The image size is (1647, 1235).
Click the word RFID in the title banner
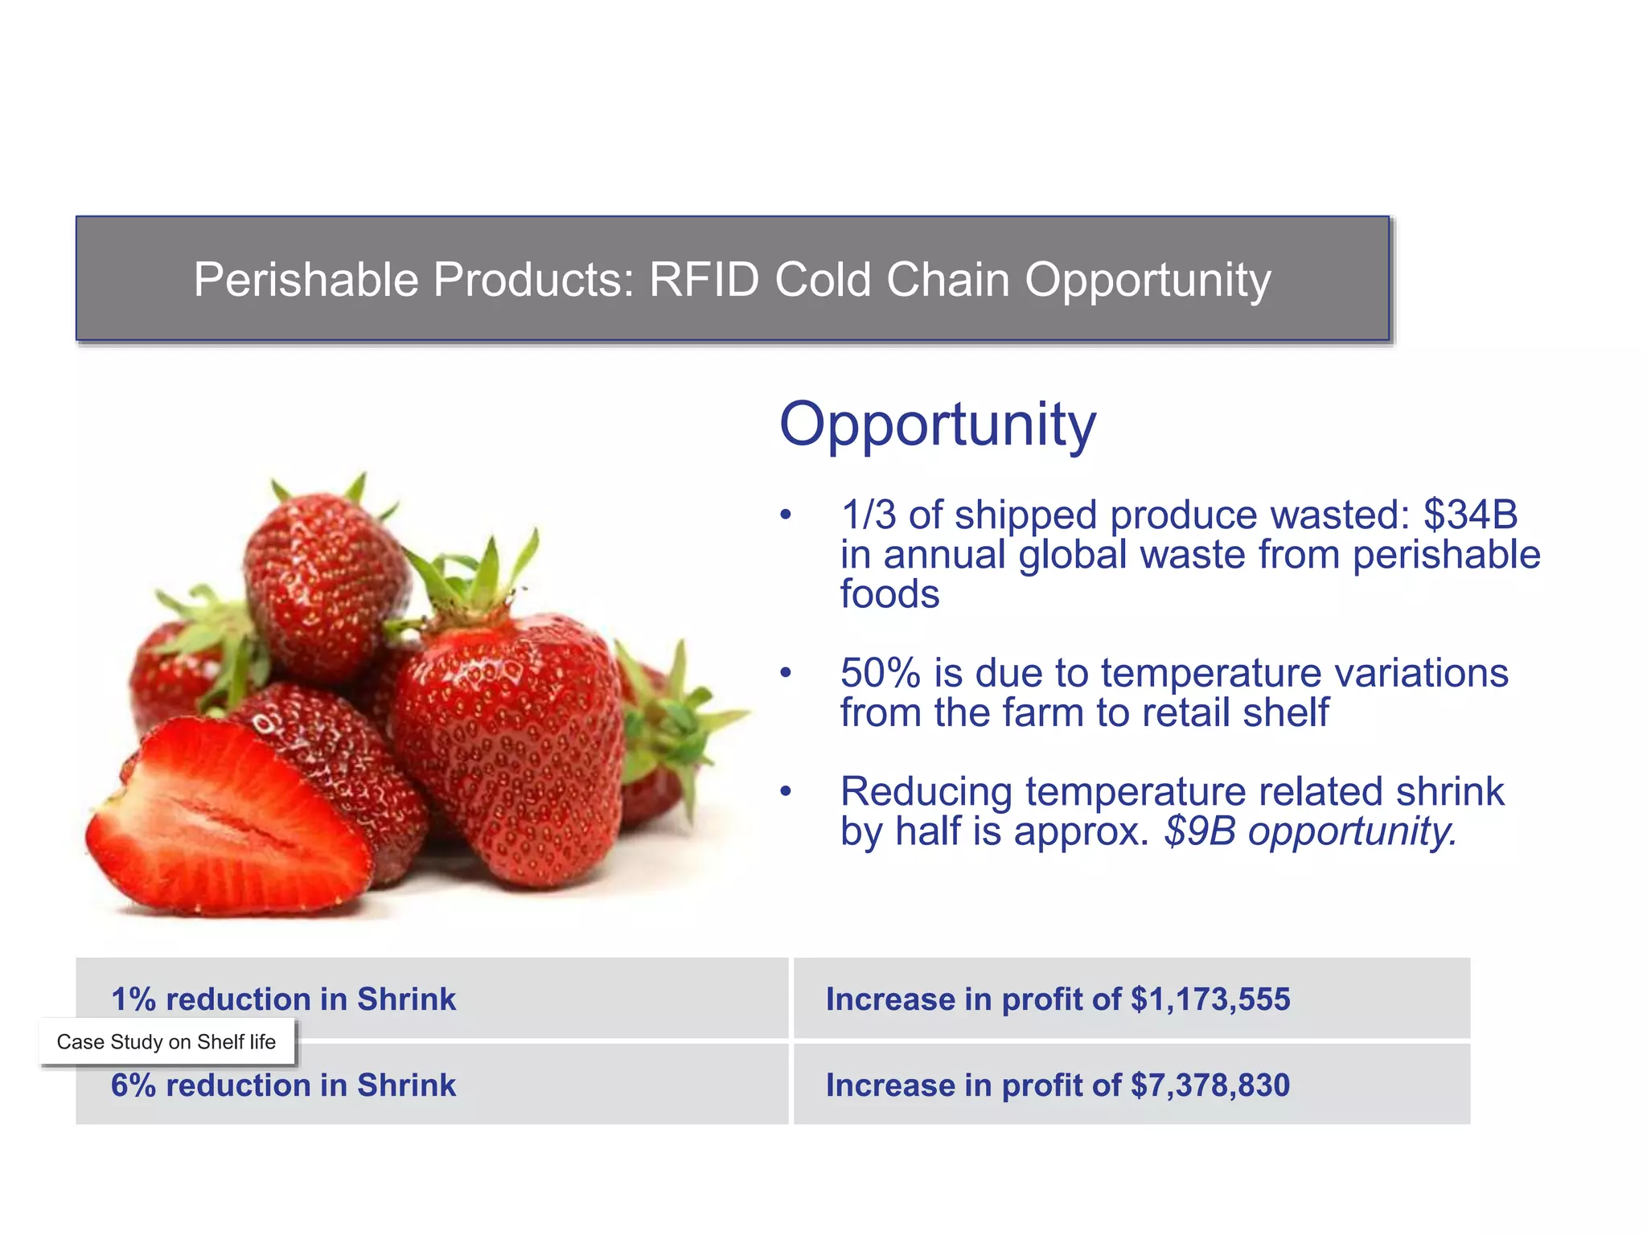pos(703,280)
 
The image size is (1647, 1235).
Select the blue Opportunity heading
pos(937,425)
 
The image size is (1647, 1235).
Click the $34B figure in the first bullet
pos(1470,515)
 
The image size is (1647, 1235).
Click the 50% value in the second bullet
pos(880,673)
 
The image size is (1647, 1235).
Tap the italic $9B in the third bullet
pos(1199,831)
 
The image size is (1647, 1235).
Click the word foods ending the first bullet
pos(889,595)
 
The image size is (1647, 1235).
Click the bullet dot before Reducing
pos(786,792)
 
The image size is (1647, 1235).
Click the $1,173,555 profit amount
pos(1210,999)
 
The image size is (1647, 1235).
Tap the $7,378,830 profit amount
pos(1210,1085)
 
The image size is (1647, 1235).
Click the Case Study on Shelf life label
pos(166,1042)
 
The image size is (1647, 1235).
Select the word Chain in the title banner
pos(947,280)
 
